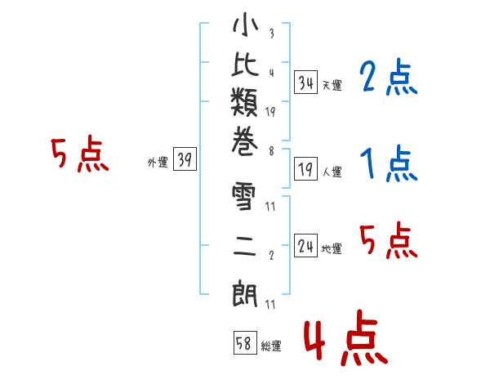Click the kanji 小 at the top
click(245, 27)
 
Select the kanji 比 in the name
click(245, 70)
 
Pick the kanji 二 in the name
click(245, 244)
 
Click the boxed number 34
click(306, 83)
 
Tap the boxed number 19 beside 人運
click(306, 170)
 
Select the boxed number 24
click(306, 247)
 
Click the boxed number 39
click(185, 161)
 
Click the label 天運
click(332, 85)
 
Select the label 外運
click(158, 163)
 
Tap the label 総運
click(271, 346)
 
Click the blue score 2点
click(388, 79)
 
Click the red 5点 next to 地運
click(388, 240)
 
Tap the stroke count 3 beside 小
click(270, 35)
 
